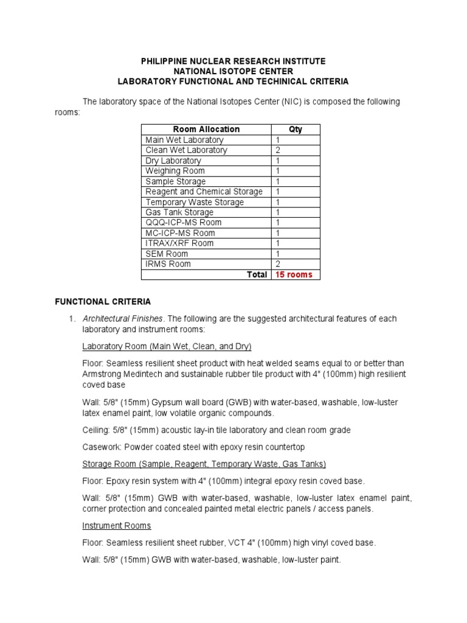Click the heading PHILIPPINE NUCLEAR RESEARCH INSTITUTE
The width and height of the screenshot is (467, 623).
[x=233, y=61]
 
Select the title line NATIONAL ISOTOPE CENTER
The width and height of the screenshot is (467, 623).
[x=233, y=71]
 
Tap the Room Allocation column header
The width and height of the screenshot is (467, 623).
[x=206, y=130]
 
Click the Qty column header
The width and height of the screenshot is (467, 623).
[x=295, y=130]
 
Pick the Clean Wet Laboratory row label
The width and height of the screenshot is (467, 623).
[x=186, y=150]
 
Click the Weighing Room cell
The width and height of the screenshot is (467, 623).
[x=175, y=171]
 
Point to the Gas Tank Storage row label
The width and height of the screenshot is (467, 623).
[x=179, y=212]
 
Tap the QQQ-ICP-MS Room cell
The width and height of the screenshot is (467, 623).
[x=183, y=223]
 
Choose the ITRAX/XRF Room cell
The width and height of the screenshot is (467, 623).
[x=179, y=243]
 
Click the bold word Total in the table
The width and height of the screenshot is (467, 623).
[x=257, y=274]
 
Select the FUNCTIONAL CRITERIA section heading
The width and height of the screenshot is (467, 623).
[x=103, y=301]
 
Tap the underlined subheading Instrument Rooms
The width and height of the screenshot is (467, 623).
[x=117, y=526]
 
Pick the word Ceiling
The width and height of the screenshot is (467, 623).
[x=96, y=430]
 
